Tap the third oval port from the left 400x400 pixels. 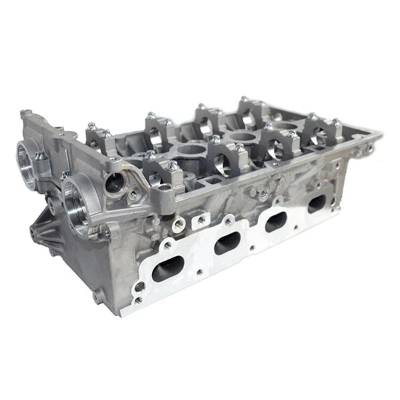pyautogui.click(x=277, y=222)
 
